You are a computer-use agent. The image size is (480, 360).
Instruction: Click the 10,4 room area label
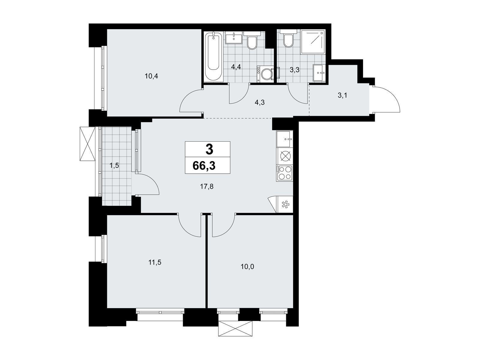151,76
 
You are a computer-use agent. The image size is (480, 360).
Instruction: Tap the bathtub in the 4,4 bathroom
213,57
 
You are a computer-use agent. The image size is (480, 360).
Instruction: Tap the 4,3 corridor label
259,102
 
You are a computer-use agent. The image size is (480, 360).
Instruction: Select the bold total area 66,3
204,166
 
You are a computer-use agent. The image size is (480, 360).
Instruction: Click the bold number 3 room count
209,150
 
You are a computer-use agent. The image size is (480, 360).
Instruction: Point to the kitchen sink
284,139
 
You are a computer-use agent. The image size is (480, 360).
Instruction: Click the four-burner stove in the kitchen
284,173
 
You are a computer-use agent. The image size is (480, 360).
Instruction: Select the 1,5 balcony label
114,166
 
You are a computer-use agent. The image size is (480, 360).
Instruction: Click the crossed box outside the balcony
88,144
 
